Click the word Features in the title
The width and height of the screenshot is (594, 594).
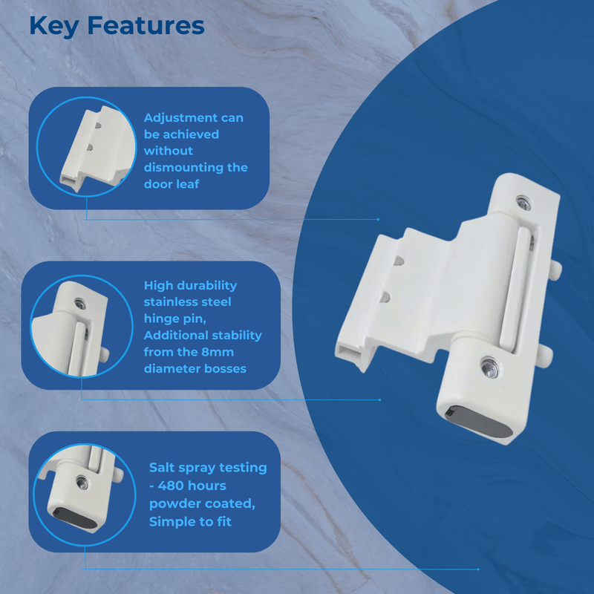point(146,26)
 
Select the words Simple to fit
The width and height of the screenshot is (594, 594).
point(190,521)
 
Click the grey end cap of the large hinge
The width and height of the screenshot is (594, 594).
point(478,421)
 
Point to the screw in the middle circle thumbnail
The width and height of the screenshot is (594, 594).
point(79,302)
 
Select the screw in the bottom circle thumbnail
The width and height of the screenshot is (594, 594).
point(81,481)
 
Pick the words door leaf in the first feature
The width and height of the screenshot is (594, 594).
point(172,183)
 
